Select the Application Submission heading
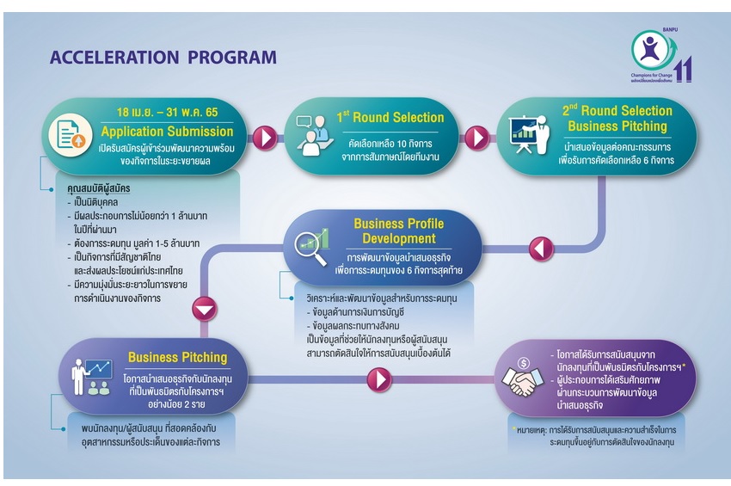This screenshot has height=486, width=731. (167, 131)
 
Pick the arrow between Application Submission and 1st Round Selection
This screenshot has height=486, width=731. (266, 137)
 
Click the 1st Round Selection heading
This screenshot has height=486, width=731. (390, 117)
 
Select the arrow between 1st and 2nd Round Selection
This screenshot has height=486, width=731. (476, 137)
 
